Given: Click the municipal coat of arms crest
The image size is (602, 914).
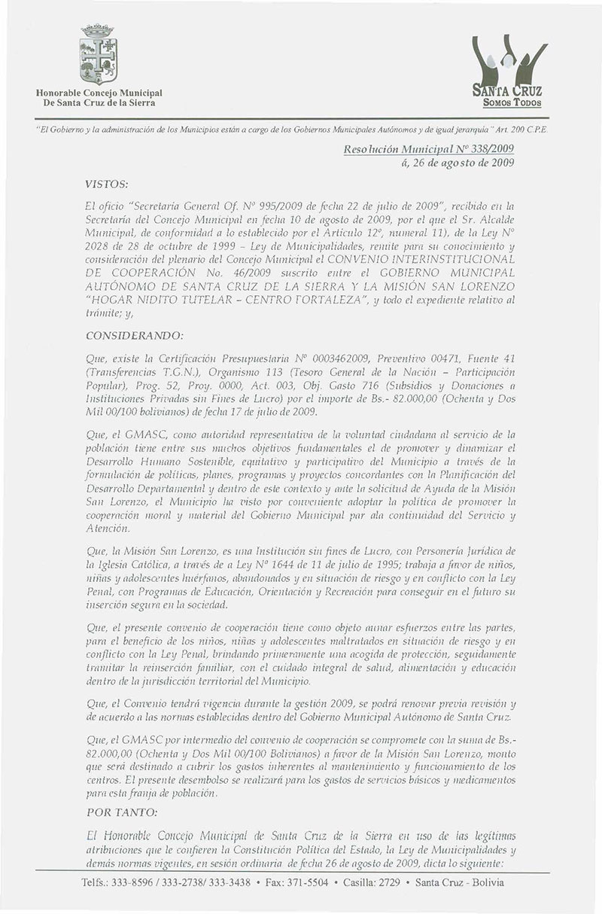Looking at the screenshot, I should pos(98,56).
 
